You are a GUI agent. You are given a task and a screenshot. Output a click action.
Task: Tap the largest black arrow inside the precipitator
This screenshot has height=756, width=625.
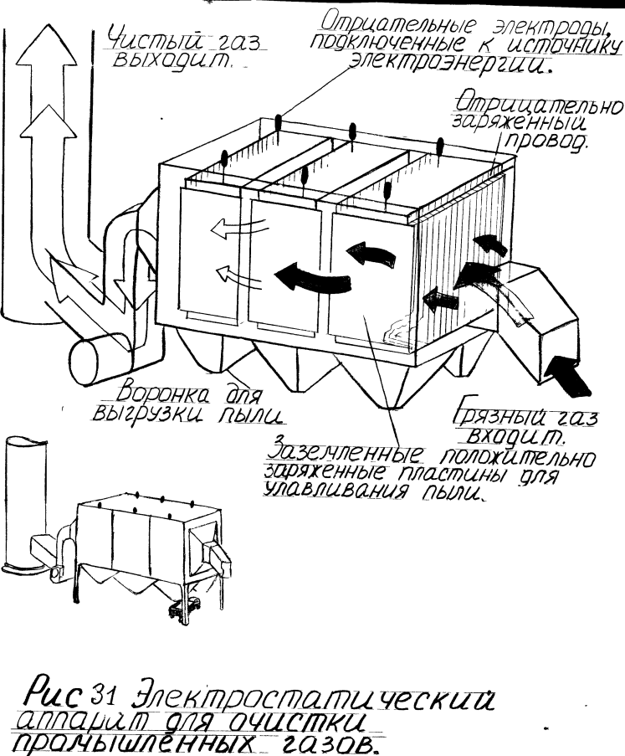coord(310,278)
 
